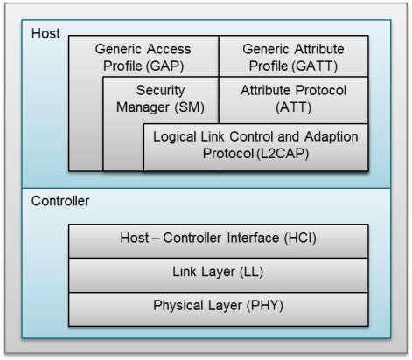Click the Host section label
45,33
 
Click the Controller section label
60,201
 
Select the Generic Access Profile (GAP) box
143,57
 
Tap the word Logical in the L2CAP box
176,137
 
